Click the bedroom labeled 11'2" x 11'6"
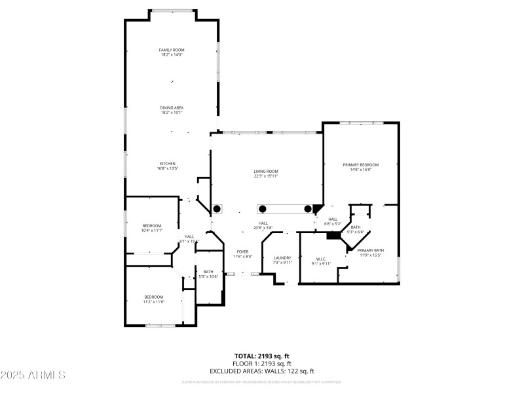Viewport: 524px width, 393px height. tap(153, 299)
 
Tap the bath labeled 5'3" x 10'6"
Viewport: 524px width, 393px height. tap(208, 274)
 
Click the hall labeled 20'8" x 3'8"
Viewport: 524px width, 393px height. tap(263, 225)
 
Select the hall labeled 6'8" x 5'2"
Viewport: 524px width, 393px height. tap(333, 221)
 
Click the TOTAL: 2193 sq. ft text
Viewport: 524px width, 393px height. tap(261, 356)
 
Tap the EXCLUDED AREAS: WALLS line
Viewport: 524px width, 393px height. tap(261, 371)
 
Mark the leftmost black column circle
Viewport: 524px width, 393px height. tap(217, 209)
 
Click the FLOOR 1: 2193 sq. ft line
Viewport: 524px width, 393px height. tap(261, 364)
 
